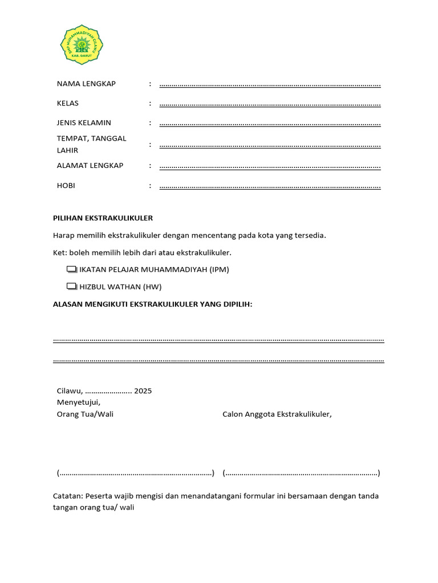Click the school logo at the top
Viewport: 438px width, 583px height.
pyautogui.click(x=83, y=45)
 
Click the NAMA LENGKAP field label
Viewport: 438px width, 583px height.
pyautogui.click(x=86, y=84)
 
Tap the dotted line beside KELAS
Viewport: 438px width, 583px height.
pyautogui.click(x=270, y=105)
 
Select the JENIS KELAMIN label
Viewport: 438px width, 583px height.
pyautogui.click(x=84, y=122)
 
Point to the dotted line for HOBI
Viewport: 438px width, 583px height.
pyautogui.click(x=270, y=187)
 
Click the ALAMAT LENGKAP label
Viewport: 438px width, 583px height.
pyautogui.click(x=90, y=165)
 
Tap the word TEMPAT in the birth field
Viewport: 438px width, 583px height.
pyautogui.click(x=71, y=138)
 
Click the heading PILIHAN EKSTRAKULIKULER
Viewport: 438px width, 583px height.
pyautogui.click(x=103, y=218)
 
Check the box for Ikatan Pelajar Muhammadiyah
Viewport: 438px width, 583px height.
pyautogui.click(x=71, y=269)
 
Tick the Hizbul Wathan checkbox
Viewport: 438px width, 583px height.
pyautogui.click(x=71, y=286)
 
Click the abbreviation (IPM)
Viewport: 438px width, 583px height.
pyautogui.click(x=219, y=269)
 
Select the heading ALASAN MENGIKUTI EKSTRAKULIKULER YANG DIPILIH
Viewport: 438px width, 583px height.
pyautogui.click(x=152, y=305)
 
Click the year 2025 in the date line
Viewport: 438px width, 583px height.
pyautogui.click(x=143, y=391)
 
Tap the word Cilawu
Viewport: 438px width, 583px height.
pyautogui.click(x=70, y=391)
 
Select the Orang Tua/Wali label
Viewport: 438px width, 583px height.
pyautogui.click(x=85, y=414)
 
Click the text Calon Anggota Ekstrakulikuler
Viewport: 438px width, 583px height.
pyautogui.click(x=277, y=414)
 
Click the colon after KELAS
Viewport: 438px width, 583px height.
pyautogui.click(x=150, y=103)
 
